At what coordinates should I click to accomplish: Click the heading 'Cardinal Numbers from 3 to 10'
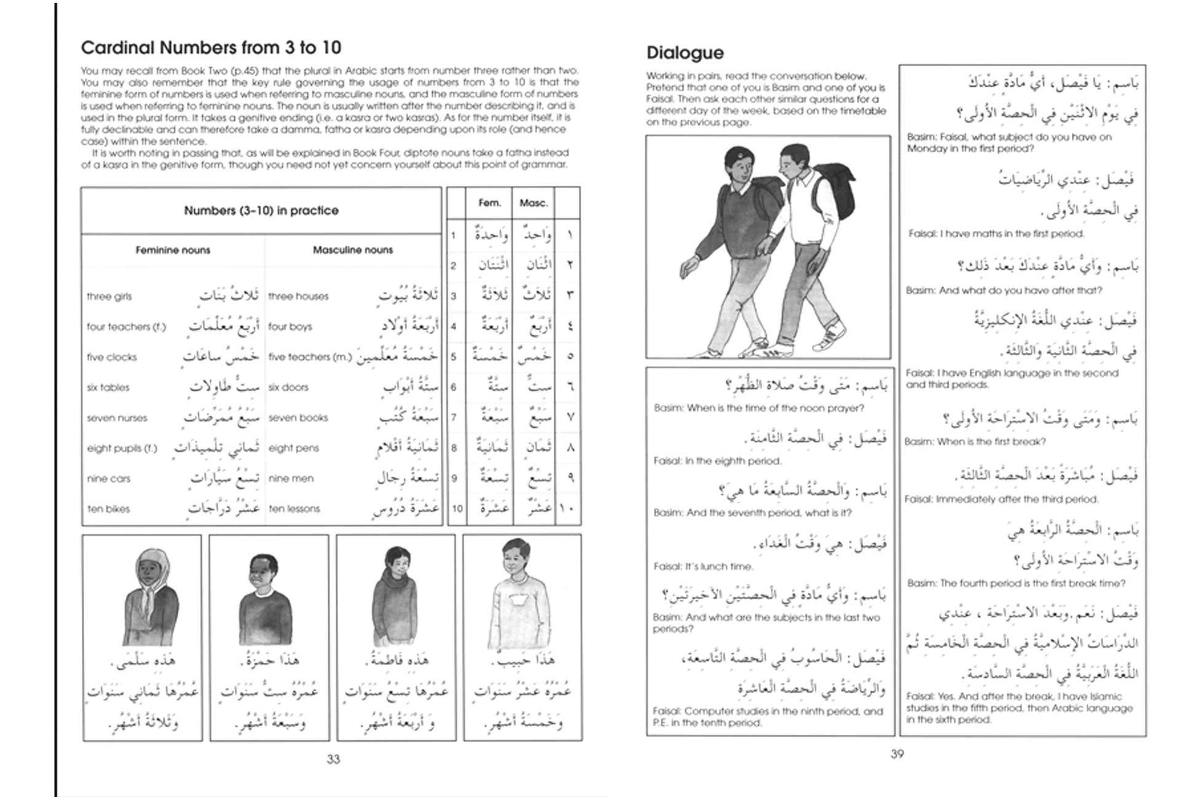(x=211, y=48)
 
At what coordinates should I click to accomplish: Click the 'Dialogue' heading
(x=685, y=53)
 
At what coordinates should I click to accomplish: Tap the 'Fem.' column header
(x=489, y=203)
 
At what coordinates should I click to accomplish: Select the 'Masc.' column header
(x=533, y=203)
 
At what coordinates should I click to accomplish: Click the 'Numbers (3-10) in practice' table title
(x=261, y=211)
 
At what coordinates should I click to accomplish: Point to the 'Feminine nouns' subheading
(x=173, y=250)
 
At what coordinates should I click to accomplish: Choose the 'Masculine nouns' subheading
(x=352, y=250)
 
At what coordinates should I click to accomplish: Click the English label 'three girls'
(x=109, y=296)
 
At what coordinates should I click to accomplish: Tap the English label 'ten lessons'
(x=294, y=509)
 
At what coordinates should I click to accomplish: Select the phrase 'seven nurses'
(x=117, y=418)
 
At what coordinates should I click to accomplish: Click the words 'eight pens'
(x=293, y=448)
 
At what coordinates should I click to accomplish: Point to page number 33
(x=333, y=760)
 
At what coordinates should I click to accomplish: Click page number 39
(x=897, y=754)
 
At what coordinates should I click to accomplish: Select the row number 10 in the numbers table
(x=457, y=509)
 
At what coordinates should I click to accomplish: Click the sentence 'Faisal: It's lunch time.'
(x=703, y=567)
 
